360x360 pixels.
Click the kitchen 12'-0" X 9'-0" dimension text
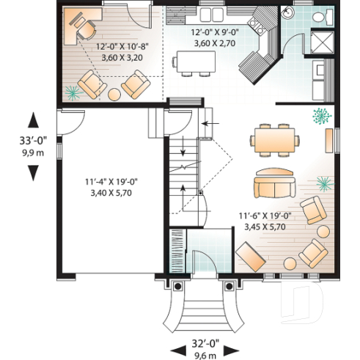coord(214,38)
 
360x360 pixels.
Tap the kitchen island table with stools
coord(195,63)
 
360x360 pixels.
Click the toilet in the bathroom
coord(320,16)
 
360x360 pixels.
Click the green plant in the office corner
coord(72,92)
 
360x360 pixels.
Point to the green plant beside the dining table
coord(320,115)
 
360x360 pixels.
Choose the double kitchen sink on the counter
coord(213,15)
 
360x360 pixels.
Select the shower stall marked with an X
coord(320,41)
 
